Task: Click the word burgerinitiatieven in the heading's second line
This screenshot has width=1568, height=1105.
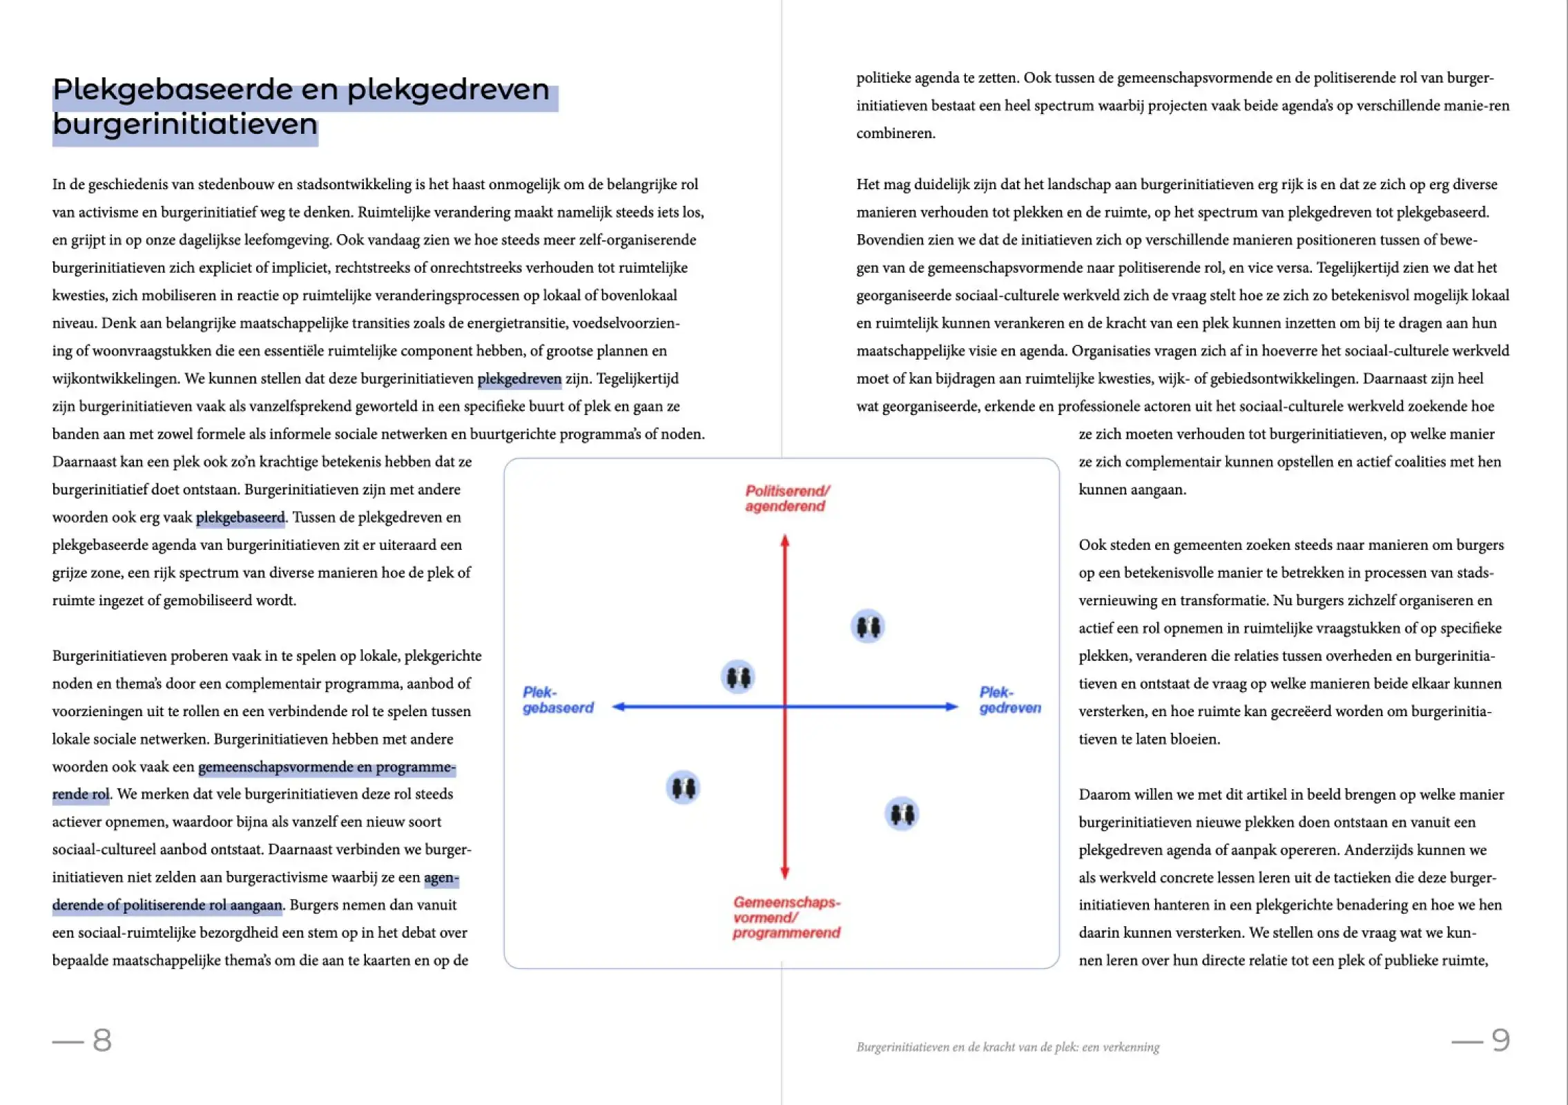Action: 185,125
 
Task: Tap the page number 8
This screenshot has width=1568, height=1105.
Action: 101,1040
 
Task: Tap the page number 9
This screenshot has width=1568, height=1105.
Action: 1500,1040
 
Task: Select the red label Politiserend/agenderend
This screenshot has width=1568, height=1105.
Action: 786,499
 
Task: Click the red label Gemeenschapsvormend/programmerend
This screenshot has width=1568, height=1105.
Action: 786,917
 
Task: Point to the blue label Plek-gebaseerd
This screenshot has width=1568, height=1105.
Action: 557,700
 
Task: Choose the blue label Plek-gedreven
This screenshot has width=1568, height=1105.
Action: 1009,700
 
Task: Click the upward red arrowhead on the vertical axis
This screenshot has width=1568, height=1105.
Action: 784,541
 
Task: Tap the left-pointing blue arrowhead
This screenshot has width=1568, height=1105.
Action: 619,707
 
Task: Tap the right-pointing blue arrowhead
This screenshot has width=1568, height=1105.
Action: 951,707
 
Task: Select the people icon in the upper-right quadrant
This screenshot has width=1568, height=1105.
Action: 868,626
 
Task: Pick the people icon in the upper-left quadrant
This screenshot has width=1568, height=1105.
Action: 737,677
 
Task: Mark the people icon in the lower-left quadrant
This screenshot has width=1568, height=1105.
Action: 683,787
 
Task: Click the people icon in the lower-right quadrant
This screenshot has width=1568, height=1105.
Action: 901,814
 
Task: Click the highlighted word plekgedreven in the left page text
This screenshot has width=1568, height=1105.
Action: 519,379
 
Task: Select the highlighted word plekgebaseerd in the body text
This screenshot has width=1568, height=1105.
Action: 240,517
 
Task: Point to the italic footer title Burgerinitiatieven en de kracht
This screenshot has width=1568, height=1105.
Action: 1007,1047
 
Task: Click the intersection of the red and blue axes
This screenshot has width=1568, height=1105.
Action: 784,707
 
